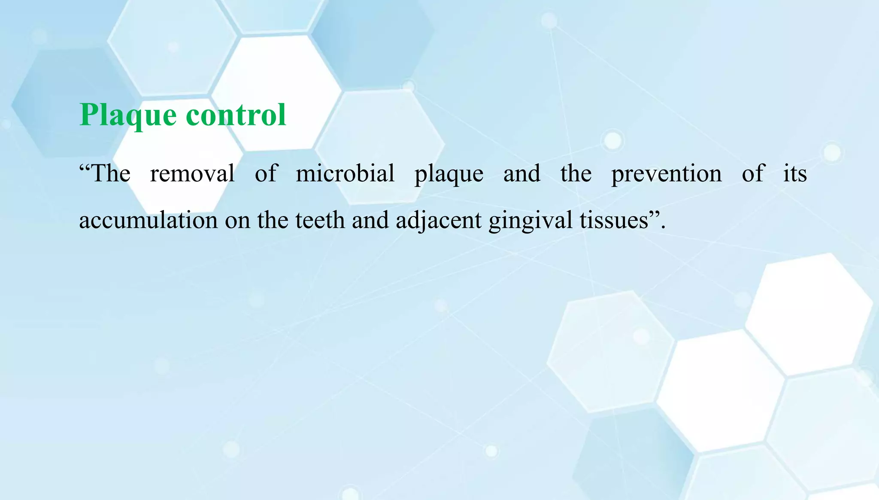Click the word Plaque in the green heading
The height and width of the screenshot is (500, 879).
coord(128,115)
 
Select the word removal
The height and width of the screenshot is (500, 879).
coord(192,174)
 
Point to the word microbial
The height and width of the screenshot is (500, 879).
coord(345,174)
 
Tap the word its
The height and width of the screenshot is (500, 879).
coord(795,174)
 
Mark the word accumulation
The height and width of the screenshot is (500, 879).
coord(149,220)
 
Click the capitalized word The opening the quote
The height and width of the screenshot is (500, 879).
coord(111,174)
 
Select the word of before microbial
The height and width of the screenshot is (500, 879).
coord(266,174)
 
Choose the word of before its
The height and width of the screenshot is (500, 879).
coord(753,174)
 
